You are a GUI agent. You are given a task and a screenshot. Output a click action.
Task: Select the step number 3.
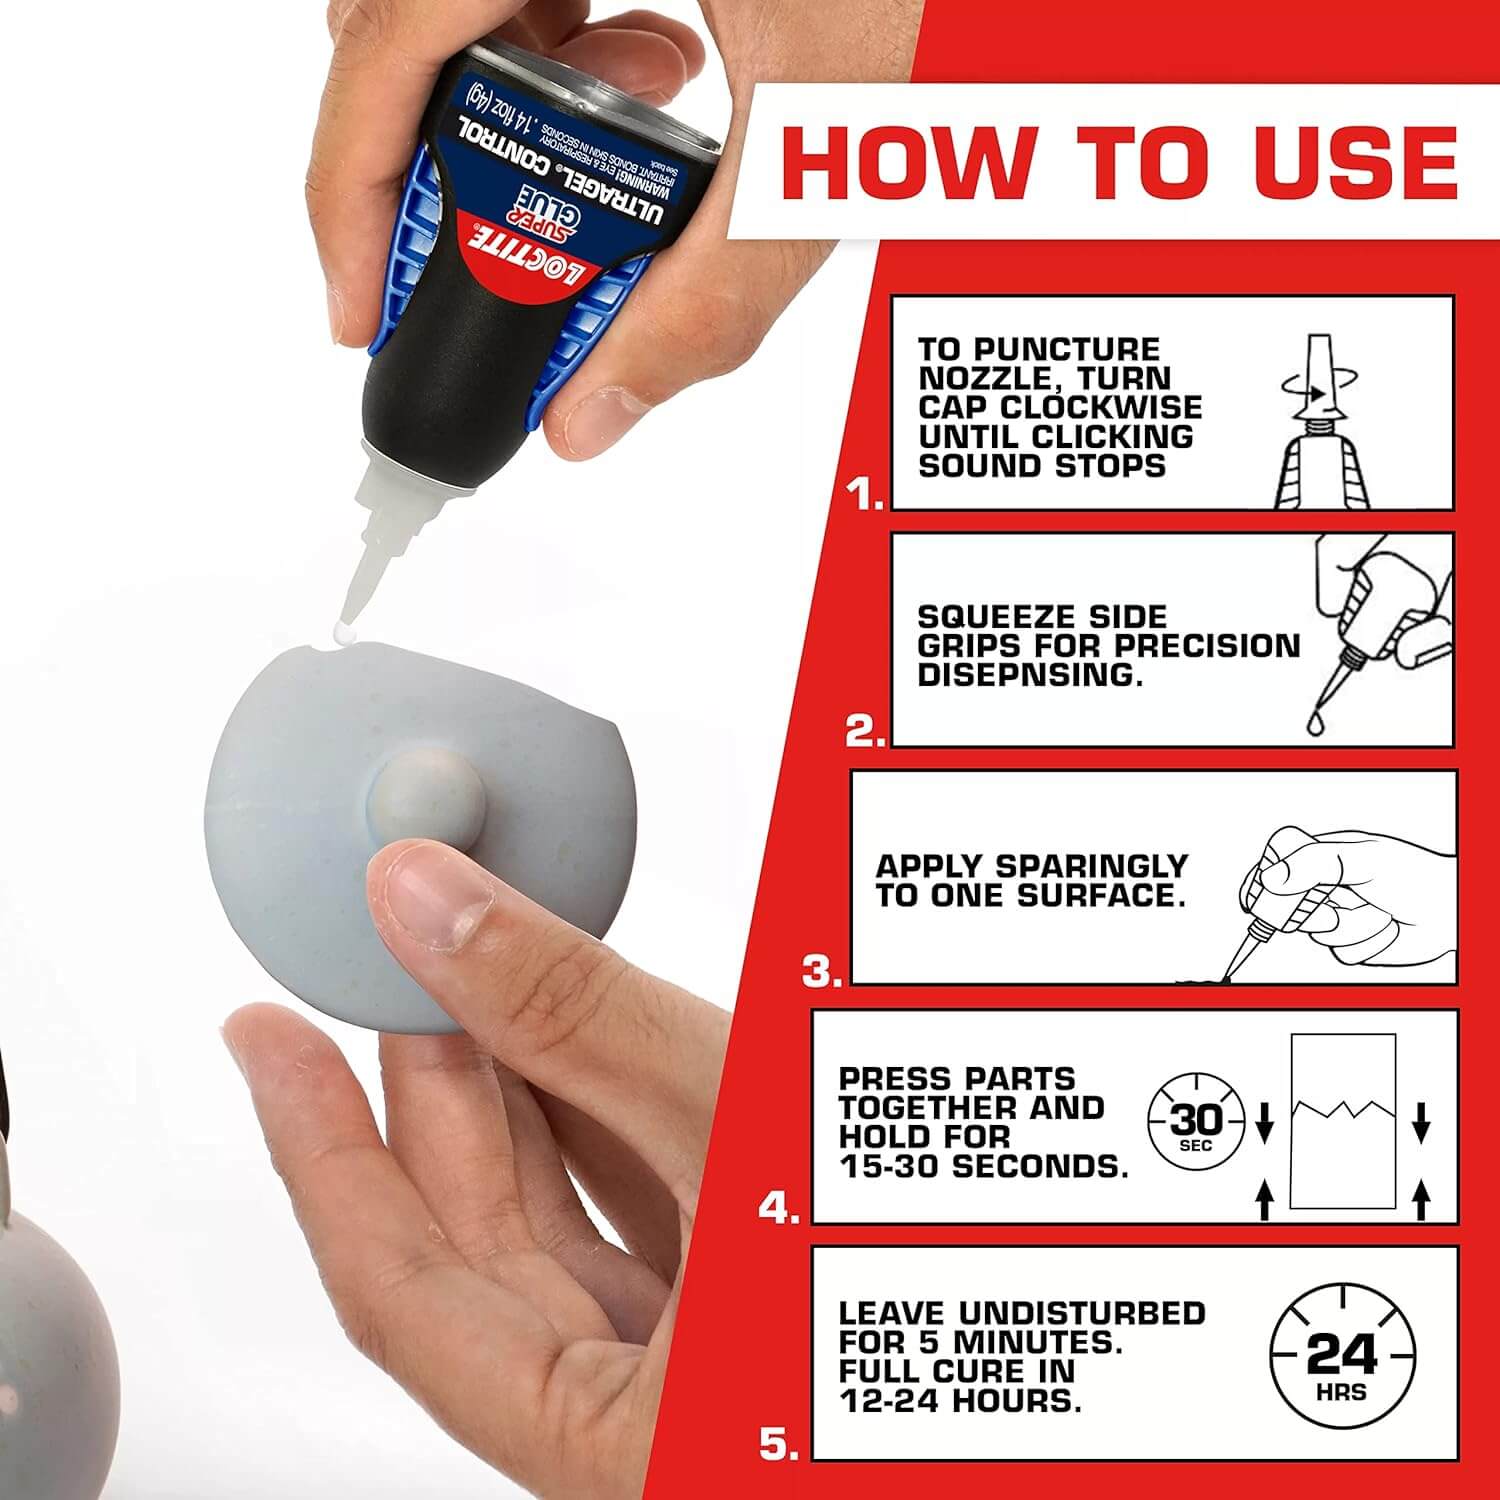[822, 971]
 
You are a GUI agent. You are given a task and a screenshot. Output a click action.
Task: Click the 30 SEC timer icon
[1196, 1122]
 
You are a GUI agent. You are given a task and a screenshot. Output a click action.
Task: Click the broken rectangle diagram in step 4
[1342, 1120]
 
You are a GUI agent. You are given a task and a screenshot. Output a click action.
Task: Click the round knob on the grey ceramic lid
[426, 796]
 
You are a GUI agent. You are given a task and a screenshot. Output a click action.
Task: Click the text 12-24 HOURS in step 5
[960, 1401]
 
